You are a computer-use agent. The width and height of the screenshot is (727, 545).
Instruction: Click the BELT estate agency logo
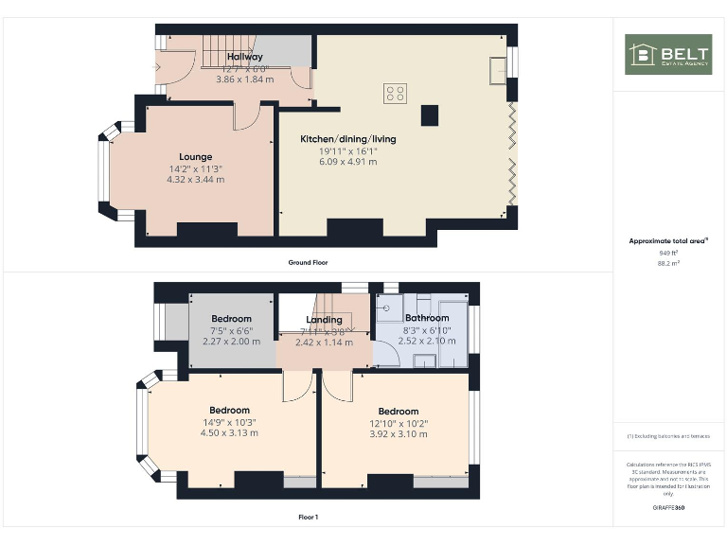(668, 54)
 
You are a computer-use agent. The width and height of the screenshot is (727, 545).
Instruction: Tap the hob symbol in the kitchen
(396, 93)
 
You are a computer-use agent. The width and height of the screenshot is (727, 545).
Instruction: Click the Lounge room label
(196, 157)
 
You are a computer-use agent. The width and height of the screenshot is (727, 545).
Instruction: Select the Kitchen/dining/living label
(348, 139)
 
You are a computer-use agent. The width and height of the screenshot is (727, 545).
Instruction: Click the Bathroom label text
(427, 318)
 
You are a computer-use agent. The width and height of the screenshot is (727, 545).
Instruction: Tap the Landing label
(324, 320)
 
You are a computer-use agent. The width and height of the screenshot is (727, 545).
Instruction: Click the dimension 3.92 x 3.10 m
(398, 434)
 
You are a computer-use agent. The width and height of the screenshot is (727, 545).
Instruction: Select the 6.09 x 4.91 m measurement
(348, 162)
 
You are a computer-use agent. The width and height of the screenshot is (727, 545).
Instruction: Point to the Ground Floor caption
(309, 262)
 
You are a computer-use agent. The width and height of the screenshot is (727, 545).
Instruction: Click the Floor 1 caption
(309, 518)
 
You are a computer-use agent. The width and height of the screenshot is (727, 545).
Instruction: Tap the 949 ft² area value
(668, 254)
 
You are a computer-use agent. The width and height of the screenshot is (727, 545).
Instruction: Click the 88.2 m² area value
(668, 265)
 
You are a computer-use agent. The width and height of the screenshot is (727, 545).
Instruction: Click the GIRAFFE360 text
(668, 509)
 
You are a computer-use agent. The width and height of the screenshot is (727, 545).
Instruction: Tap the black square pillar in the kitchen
(431, 114)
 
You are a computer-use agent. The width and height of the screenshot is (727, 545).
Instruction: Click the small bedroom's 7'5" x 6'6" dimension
(231, 330)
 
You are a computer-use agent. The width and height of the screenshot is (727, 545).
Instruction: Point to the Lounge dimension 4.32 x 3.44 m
(196, 179)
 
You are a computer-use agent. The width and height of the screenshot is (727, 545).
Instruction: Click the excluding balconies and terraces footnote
(668, 436)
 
